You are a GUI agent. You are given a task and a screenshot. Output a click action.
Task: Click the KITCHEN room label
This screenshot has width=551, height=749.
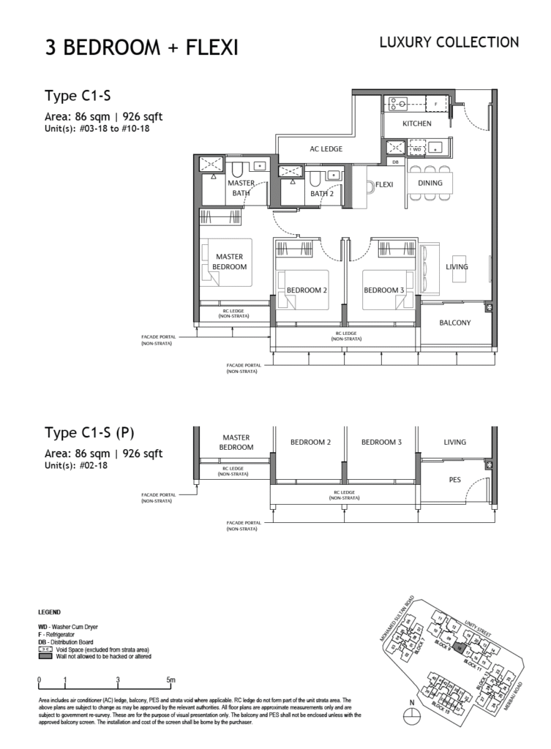coord(417,124)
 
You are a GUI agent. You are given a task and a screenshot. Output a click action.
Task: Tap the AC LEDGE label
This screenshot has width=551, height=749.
coord(326,149)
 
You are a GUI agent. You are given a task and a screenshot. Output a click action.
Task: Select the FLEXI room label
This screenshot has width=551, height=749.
coord(384,184)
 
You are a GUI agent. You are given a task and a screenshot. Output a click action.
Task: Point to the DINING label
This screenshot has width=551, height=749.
coord(430,183)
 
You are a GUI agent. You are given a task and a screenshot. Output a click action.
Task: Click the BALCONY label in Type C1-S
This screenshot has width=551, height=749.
coord(454,323)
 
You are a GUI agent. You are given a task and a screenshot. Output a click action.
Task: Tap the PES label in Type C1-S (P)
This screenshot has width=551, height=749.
coord(454,480)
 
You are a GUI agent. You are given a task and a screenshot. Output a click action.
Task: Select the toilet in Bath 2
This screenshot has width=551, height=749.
coord(313,179)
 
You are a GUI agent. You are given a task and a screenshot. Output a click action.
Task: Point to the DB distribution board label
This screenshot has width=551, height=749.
coord(395,162)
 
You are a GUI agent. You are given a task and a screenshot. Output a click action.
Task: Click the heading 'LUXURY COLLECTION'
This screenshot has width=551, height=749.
coord(449,42)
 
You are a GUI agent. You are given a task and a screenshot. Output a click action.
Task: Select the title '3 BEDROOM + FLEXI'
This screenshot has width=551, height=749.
coord(141,48)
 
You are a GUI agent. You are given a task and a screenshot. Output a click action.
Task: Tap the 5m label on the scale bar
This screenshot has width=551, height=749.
coord(170,680)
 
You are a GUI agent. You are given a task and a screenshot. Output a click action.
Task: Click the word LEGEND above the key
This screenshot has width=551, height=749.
coord(49,611)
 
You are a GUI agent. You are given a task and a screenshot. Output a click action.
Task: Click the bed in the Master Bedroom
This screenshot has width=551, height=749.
coord(227,262)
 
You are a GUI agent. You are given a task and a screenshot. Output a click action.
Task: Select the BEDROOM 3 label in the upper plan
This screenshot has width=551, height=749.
coord(383,290)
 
